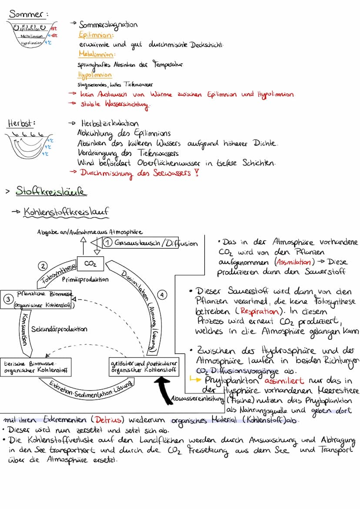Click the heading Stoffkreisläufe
[51, 191]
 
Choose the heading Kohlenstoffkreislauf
[65, 212]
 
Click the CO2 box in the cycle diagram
[90, 264]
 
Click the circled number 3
[7, 299]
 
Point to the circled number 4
[162, 295]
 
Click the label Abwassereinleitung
[198, 398]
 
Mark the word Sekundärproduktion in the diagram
[59, 329]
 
